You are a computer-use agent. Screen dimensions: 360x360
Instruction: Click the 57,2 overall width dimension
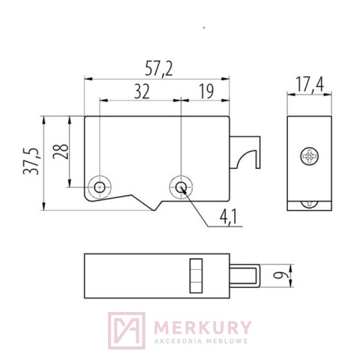(159, 69)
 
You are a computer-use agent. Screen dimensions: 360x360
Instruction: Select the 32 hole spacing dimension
(142, 91)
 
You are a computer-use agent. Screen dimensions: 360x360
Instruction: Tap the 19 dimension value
(206, 91)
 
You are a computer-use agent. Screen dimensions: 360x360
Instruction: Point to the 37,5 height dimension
(31, 161)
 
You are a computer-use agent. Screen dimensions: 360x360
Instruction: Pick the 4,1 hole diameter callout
(228, 217)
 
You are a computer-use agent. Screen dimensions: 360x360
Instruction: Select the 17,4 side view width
(310, 84)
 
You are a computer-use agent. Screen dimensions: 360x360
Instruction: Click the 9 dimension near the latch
(278, 276)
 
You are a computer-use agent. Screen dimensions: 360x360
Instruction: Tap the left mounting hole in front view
(100, 187)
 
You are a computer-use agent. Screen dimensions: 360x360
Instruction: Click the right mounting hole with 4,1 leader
(181, 187)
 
